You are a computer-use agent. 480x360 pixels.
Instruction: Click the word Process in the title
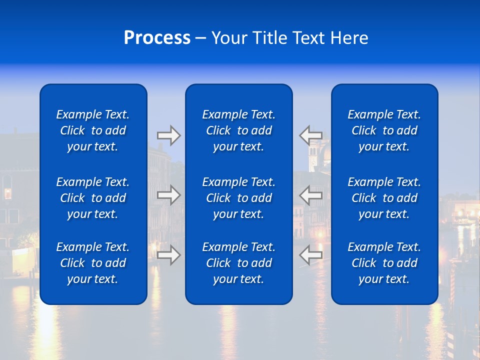click(x=157, y=38)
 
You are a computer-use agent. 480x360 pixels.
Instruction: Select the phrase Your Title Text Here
click(x=289, y=38)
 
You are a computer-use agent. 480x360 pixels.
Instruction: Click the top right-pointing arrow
click(x=168, y=135)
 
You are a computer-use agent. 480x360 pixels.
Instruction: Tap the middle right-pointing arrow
click(x=168, y=195)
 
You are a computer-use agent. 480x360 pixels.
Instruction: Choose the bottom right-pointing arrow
click(x=168, y=255)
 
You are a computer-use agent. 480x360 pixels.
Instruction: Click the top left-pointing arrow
click(x=311, y=135)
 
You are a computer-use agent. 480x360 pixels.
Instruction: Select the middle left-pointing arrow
click(x=311, y=195)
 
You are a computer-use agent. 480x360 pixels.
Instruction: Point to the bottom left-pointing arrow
click(x=311, y=255)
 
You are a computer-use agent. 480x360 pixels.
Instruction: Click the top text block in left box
click(x=93, y=130)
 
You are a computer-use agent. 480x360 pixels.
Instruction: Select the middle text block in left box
click(x=93, y=198)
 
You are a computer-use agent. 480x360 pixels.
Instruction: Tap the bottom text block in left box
click(x=93, y=263)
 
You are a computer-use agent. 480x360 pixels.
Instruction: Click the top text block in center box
click(x=238, y=130)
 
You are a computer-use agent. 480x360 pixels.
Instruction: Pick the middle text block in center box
click(x=238, y=198)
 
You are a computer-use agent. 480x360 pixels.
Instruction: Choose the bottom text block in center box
click(x=238, y=263)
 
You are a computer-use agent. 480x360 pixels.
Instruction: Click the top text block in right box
click(x=384, y=130)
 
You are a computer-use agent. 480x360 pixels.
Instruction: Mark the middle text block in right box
click(x=384, y=198)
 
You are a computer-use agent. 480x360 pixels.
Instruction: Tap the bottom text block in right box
click(x=384, y=263)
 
